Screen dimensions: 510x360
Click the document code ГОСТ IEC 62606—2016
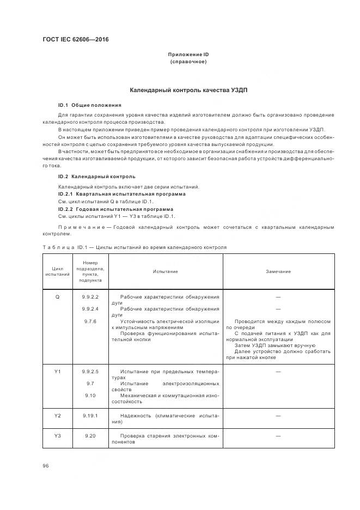tap(76, 40)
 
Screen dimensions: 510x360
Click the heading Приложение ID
tap(188, 54)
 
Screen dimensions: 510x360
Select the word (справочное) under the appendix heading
tap(188, 62)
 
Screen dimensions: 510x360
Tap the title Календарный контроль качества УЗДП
tap(188, 89)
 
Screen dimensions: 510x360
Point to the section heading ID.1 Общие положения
tap(89, 105)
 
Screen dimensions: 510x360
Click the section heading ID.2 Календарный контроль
tap(96, 177)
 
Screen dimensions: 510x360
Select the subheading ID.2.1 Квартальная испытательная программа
tap(121, 194)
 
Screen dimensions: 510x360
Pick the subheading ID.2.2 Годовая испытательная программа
tap(115, 209)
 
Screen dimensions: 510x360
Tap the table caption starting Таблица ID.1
tap(134, 247)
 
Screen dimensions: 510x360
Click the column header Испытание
tap(165, 271)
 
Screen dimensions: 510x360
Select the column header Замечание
tap(278, 271)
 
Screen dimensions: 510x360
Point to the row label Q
tap(58, 297)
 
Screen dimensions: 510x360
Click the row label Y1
tap(58, 372)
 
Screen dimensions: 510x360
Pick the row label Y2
tap(58, 416)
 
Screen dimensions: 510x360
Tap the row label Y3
tap(58, 436)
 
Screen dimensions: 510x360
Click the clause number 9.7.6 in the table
tap(90, 321)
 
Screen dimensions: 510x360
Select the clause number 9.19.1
tap(90, 416)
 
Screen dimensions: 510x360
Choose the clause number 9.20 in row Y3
tap(90, 436)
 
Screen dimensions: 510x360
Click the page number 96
tap(46, 466)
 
